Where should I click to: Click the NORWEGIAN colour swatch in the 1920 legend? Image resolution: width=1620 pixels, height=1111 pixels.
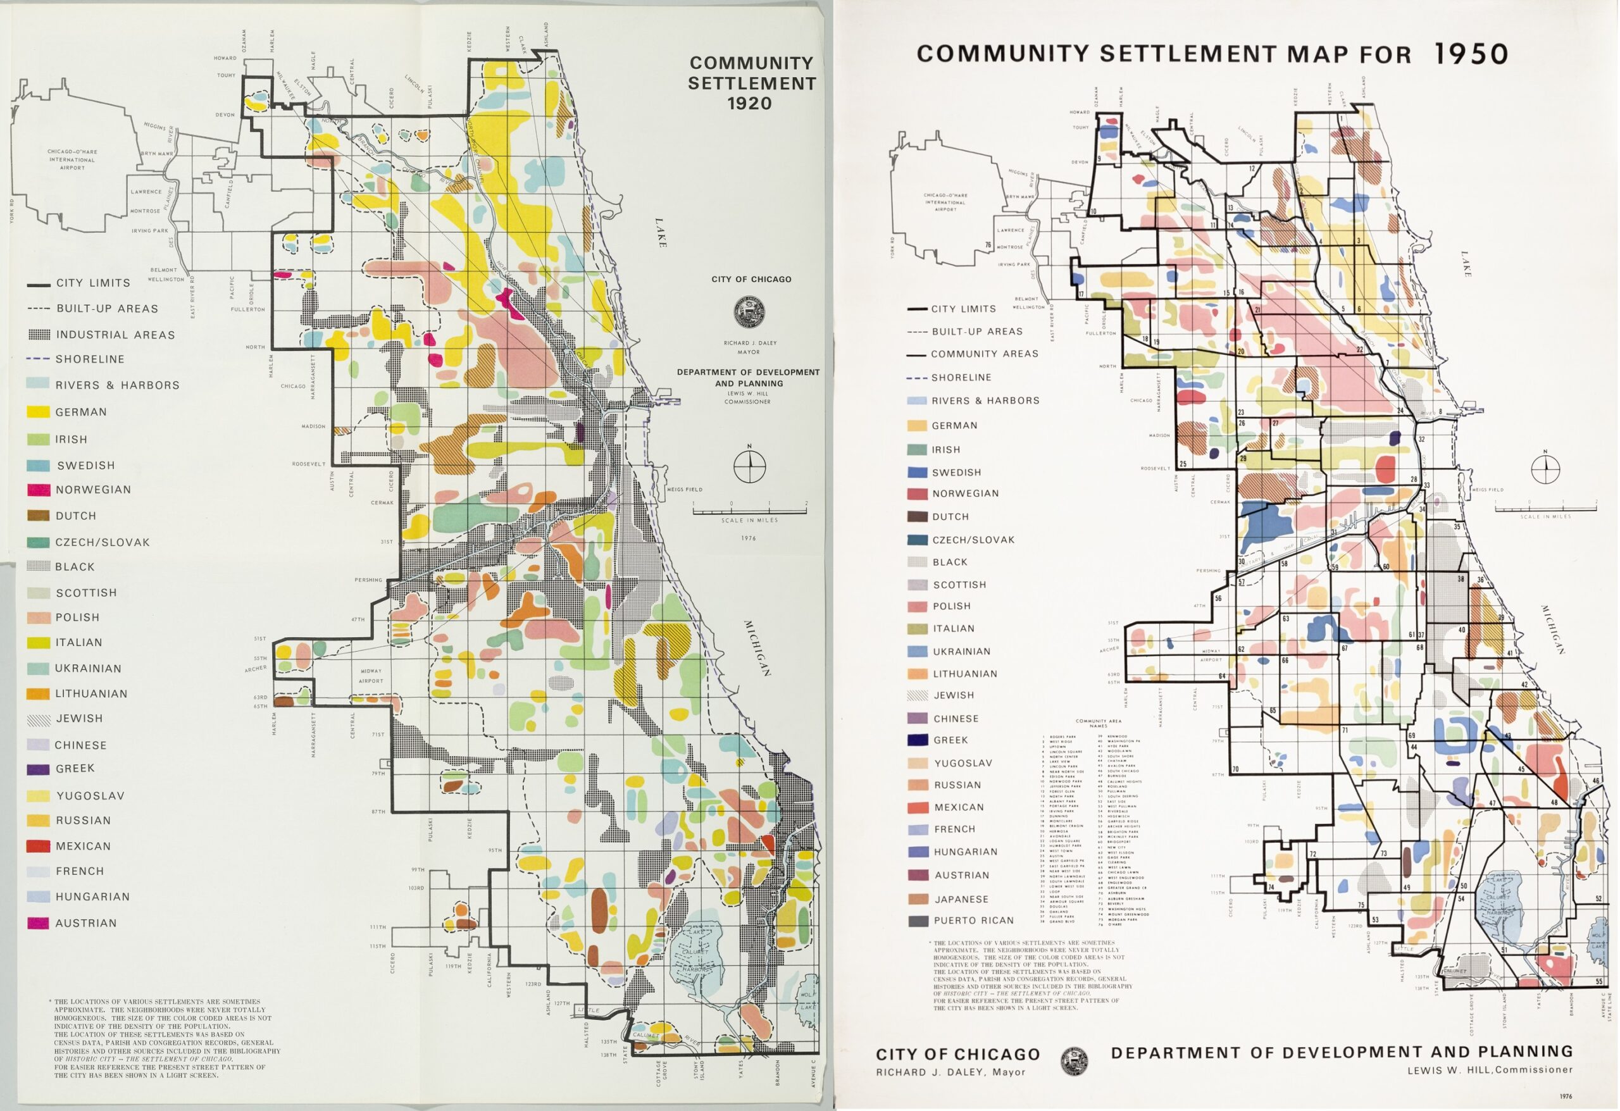39,490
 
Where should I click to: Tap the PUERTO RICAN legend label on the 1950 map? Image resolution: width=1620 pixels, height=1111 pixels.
973,921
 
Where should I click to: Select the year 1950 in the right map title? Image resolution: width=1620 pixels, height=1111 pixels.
1471,54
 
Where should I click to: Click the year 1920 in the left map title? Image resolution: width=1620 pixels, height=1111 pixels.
749,104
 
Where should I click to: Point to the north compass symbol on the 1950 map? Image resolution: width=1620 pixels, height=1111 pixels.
1545,468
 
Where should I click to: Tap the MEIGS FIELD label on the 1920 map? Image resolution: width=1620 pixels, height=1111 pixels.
684,490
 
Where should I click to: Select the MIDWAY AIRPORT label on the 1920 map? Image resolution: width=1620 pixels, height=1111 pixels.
371,676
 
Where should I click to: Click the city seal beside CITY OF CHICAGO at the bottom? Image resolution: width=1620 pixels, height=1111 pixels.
1074,1062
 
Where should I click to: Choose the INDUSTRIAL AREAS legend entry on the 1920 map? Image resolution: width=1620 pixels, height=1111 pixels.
115,335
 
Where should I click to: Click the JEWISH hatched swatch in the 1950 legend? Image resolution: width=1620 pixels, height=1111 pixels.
918,695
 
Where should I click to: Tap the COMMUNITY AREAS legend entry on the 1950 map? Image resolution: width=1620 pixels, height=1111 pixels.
983,354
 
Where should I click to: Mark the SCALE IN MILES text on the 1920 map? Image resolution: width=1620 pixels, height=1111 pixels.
749,521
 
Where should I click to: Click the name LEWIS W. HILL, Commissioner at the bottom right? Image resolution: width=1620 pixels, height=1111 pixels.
1490,1070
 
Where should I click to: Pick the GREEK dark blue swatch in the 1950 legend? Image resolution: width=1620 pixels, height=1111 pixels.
918,740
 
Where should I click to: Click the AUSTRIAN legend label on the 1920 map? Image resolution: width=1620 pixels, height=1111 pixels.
85,924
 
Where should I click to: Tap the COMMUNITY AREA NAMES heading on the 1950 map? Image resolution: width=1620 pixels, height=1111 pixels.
1099,723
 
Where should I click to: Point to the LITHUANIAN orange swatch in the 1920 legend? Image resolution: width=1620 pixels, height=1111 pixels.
39,694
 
